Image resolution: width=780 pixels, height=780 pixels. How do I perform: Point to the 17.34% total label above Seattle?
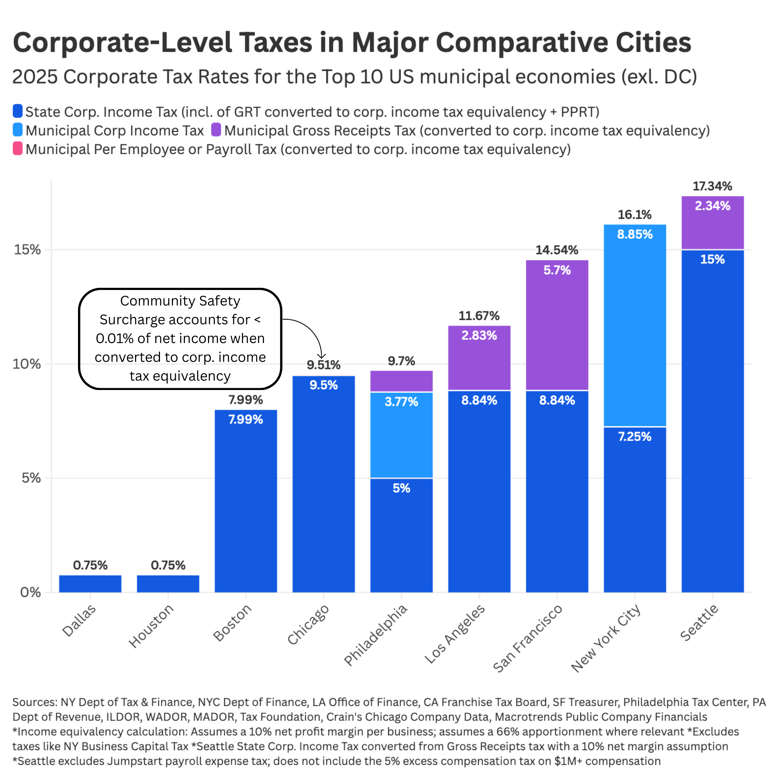[712, 186]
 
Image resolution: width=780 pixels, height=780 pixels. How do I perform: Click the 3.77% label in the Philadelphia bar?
[401, 402]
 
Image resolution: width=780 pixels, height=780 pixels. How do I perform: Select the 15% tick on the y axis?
[27, 250]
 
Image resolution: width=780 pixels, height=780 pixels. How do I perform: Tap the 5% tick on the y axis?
[31, 478]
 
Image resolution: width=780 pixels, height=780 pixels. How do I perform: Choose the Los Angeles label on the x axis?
[455, 634]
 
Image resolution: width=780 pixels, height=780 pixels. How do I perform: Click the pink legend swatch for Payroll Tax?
[17, 148]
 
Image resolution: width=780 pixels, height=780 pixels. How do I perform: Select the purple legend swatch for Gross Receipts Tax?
[216, 130]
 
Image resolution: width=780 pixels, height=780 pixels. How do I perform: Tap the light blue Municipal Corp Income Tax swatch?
[17, 130]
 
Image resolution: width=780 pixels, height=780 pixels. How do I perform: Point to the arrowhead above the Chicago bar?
[321, 356]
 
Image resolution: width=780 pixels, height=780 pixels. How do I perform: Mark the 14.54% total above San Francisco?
[557, 250]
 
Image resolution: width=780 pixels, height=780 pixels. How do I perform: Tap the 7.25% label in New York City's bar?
[635, 437]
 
